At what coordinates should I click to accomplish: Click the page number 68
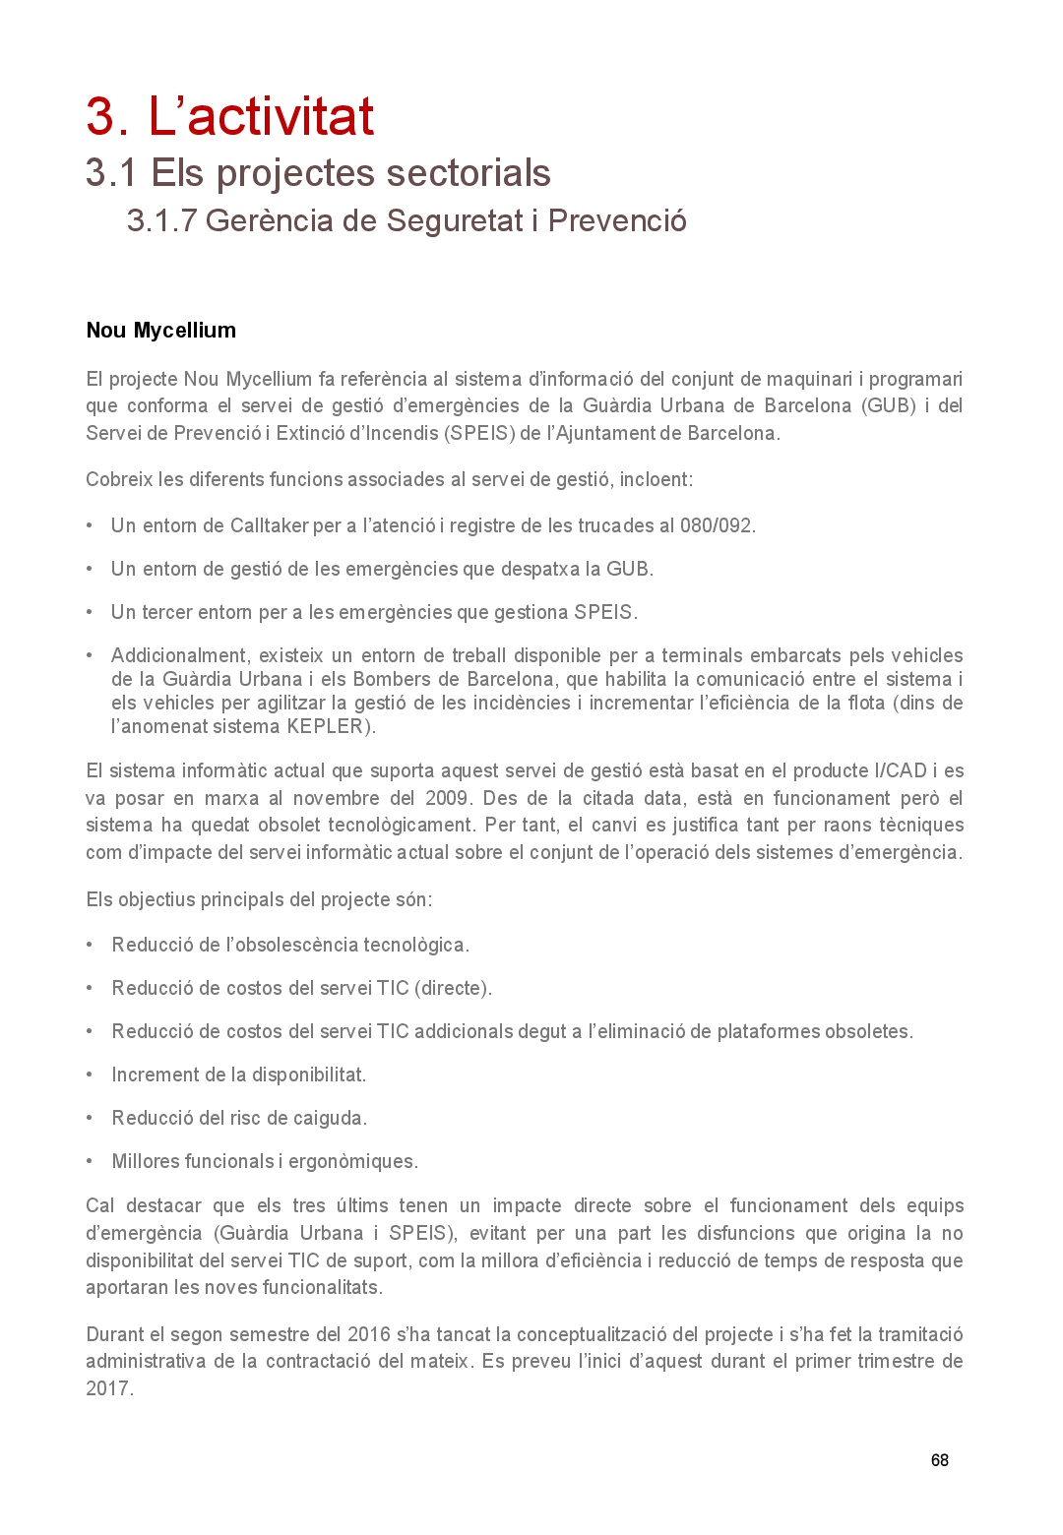(939, 1460)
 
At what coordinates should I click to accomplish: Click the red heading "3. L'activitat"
(229, 116)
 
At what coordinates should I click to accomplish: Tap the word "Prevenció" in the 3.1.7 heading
(617, 220)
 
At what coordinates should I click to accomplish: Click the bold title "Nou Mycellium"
(160, 331)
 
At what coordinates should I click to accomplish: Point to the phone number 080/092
(718, 525)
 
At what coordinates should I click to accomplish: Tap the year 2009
(448, 798)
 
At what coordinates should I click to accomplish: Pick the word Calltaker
(270, 525)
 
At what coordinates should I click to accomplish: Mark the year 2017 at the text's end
(107, 1388)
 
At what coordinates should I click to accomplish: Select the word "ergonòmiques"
(352, 1161)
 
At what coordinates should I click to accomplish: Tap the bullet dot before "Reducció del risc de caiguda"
(90, 1118)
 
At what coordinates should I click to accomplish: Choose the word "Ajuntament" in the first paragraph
(602, 433)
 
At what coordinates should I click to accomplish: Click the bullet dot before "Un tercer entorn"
(90, 612)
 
